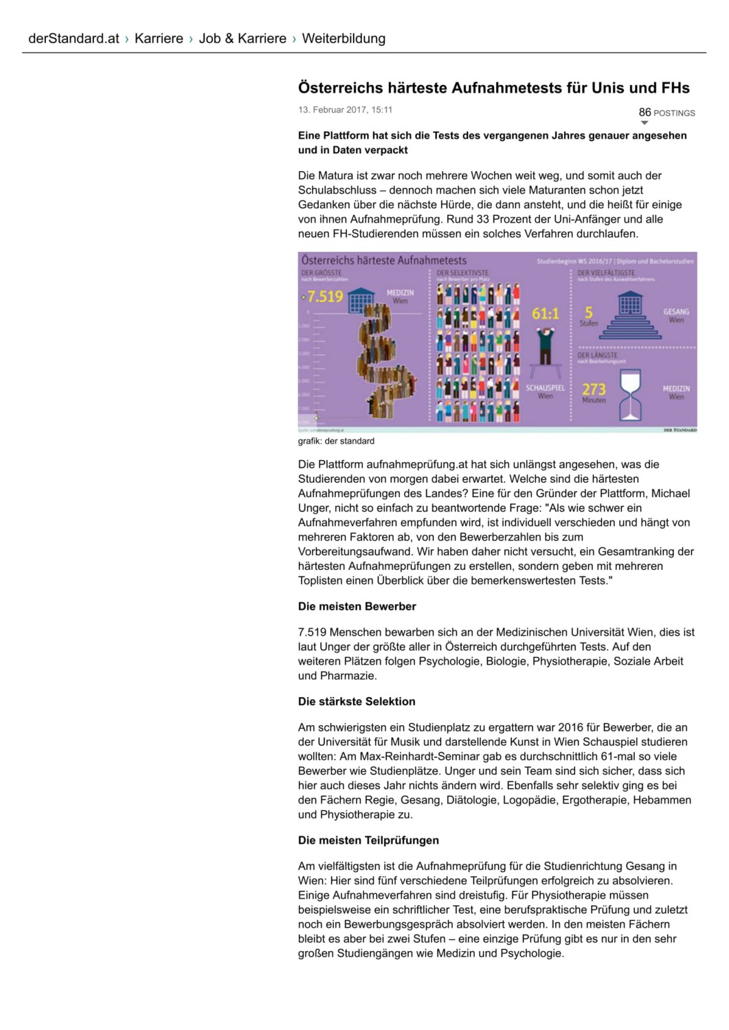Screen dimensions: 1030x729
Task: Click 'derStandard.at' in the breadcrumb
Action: coord(74,38)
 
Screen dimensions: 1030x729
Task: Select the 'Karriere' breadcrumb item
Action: coord(159,38)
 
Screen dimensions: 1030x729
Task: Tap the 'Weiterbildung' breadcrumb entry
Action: coord(344,38)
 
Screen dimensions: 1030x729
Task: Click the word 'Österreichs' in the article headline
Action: coord(338,88)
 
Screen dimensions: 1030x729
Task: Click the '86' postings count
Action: coord(644,112)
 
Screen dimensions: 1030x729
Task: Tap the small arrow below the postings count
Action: coord(644,123)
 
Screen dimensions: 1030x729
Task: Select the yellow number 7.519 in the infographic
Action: coord(325,297)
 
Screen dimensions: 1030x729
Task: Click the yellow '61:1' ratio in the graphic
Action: coord(546,314)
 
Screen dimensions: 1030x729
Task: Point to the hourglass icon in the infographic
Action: coord(630,395)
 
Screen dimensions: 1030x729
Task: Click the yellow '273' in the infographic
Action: coord(594,389)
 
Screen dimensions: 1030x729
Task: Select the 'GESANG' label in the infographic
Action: coord(676,312)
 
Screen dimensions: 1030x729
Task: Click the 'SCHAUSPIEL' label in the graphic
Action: coord(545,388)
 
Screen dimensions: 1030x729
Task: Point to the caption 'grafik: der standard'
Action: coord(336,441)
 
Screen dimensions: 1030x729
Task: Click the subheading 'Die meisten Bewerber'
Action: coord(357,606)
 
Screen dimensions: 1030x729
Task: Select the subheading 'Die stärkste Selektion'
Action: coord(357,701)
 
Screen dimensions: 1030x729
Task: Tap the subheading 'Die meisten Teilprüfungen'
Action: coord(368,840)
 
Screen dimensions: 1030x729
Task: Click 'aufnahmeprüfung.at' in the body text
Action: coord(416,464)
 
